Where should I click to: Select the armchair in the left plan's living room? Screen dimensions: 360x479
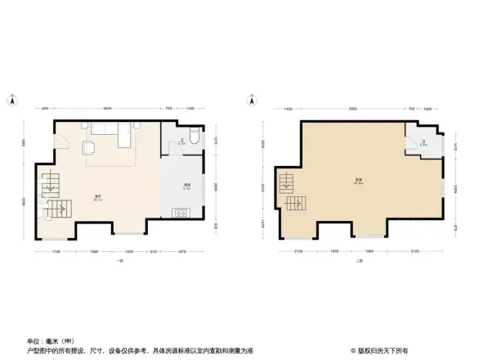[x=88, y=149]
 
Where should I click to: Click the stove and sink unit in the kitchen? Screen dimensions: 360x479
[x=180, y=214]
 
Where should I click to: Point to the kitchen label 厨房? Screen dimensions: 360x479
[x=186, y=186]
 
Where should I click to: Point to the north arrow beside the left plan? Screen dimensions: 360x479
[x=13, y=100]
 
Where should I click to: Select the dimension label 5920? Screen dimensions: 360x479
[x=352, y=108]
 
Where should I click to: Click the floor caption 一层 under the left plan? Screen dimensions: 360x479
[x=119, y=261]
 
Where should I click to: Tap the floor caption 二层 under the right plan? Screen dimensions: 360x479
[x=358, y=261]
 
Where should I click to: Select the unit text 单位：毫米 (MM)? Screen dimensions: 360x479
[x=47, y=340]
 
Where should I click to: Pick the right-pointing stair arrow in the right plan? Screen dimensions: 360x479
[x=293, y=202]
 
